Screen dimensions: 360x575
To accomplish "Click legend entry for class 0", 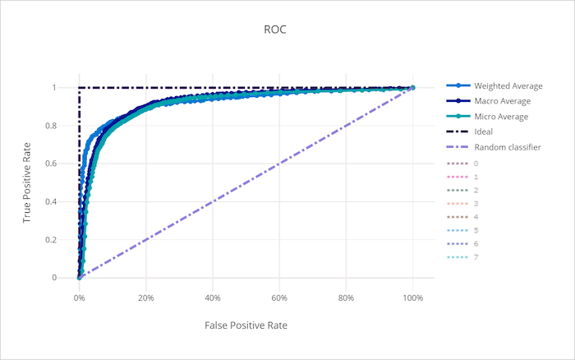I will click(x=476, y=164).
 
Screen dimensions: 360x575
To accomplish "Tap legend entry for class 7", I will click(x=476, y=258).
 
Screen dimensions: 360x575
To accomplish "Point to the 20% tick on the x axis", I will click(x=146, y=298).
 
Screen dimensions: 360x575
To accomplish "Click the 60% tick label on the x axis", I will click(x=279, y=298).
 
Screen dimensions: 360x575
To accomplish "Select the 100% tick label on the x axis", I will click(x=412, y=298).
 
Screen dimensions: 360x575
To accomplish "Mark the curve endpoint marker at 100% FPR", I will click(x=412, y=87).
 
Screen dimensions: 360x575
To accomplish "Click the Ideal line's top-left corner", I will click(x=80, y=87).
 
